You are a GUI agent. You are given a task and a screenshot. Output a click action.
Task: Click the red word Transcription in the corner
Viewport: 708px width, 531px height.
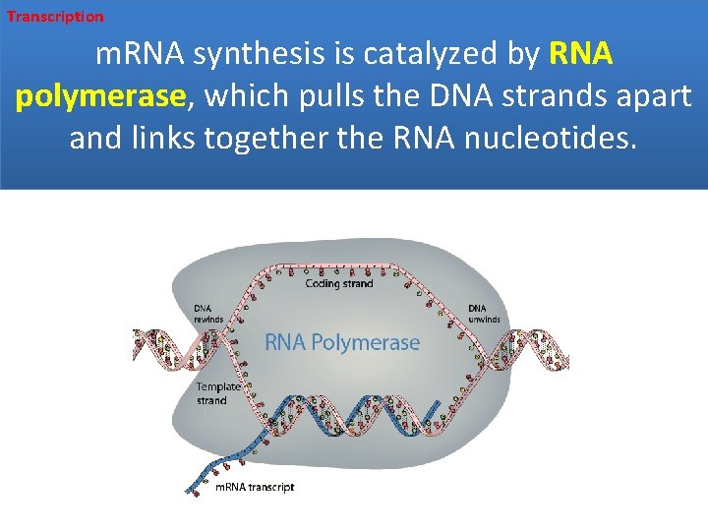55,17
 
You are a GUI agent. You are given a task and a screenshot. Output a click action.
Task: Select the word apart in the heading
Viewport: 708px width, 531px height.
659,96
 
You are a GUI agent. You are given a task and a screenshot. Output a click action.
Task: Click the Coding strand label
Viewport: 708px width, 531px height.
339,283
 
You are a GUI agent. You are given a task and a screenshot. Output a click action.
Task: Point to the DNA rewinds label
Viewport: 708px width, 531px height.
208,313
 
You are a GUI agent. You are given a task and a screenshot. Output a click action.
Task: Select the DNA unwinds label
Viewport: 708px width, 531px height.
483,313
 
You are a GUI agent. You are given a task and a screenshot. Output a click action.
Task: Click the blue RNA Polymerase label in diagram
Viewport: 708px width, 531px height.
342,342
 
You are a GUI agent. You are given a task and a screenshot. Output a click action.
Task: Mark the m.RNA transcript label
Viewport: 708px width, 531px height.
255,487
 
